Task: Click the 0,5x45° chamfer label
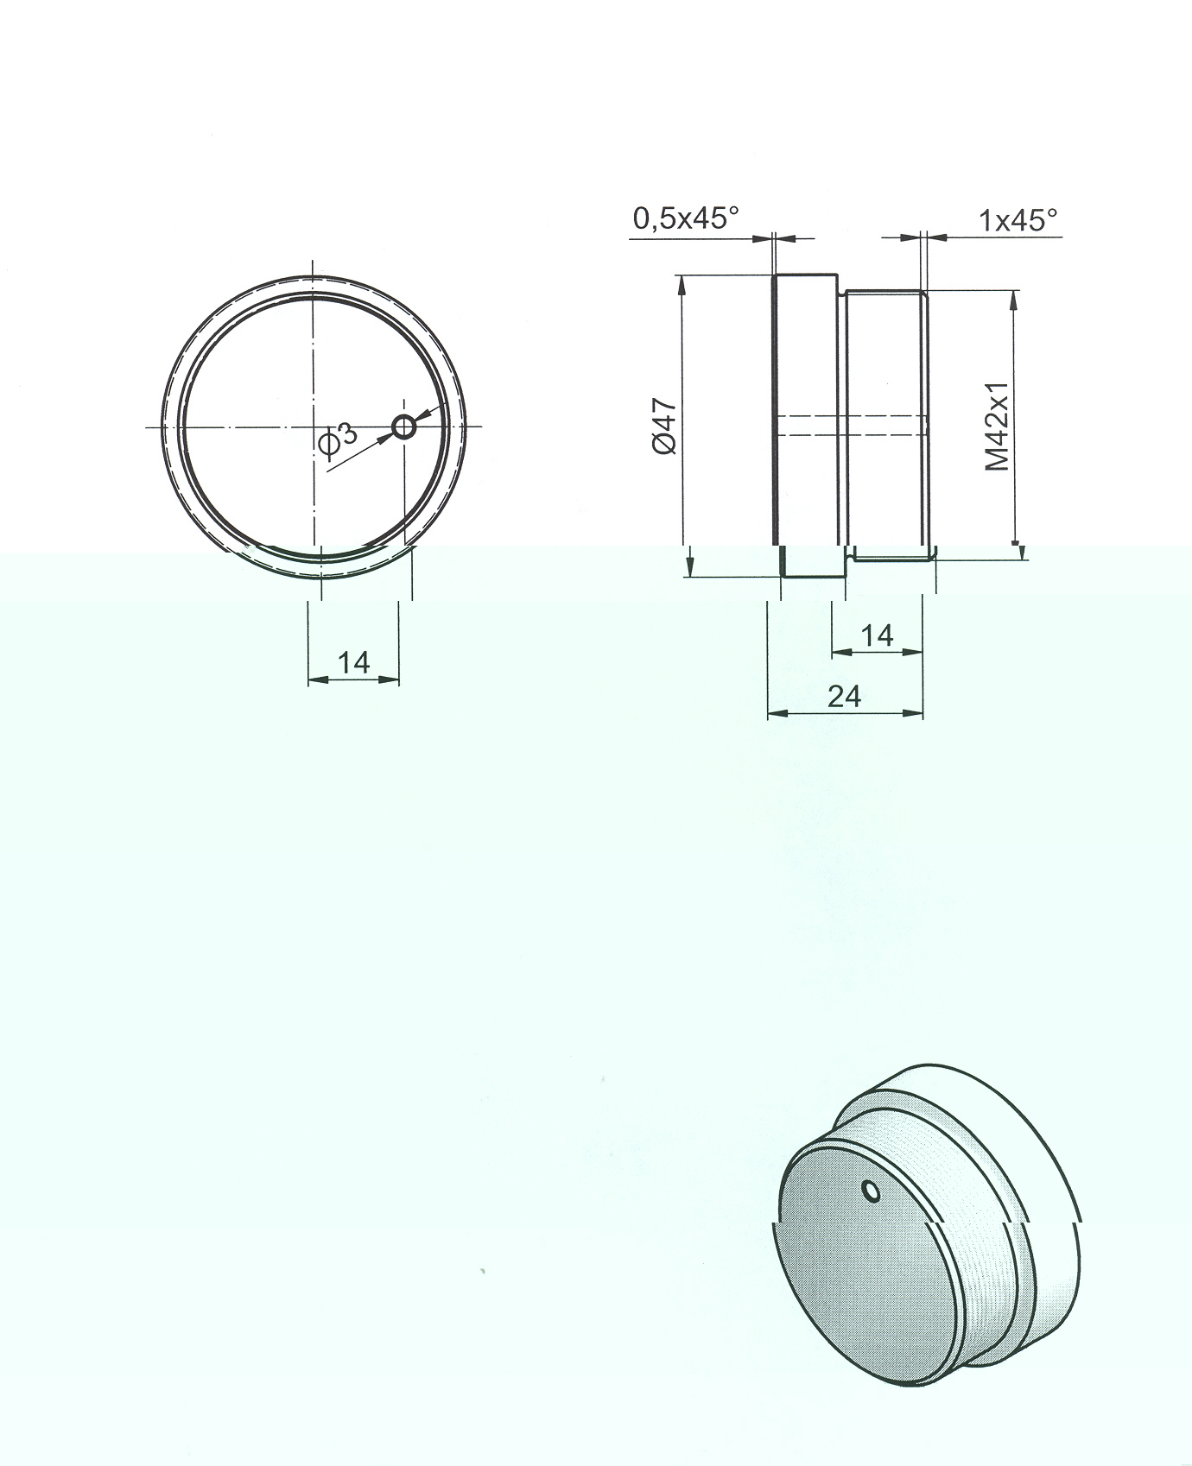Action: pyautogui.click(x=687, y=218)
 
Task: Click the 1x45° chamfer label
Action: pyautogui.click(x=1018, y=220)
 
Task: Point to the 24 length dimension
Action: pyautogui.click(x=844, y=696)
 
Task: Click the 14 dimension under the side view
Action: pyautogui.click(x=877, y=636)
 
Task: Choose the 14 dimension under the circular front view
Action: pyautogui.click(x=353, y=662)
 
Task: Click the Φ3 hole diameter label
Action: pyautogui.click(x=338, y=438)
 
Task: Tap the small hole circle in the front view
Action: pyautogui.click(x=403, y=427)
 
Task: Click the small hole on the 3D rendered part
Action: pyautogui.click(x=872, y=1191)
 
